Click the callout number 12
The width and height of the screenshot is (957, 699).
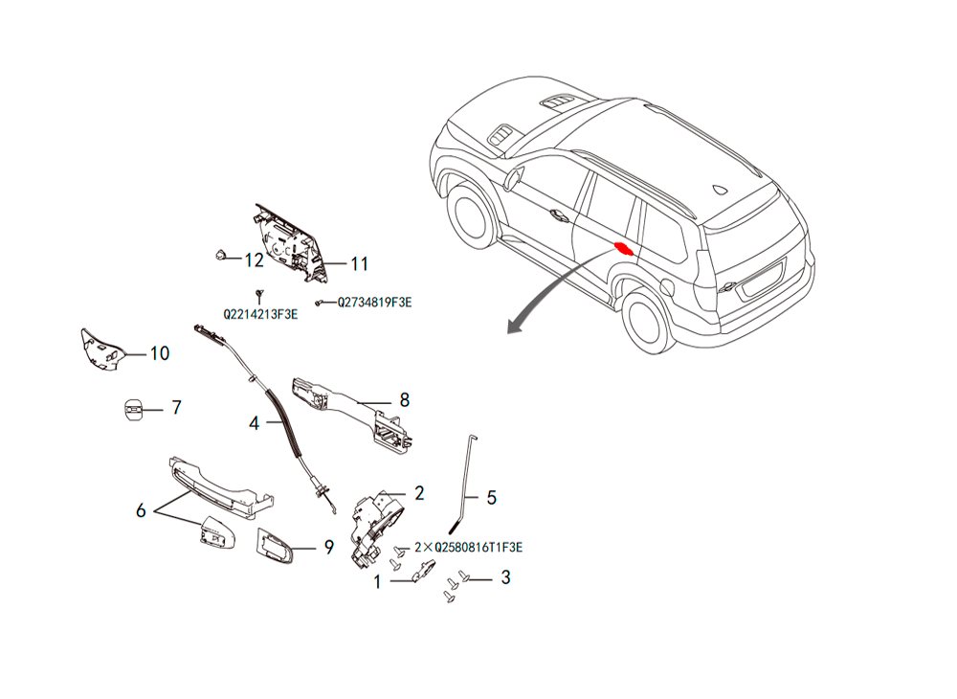click(x=254, y=260)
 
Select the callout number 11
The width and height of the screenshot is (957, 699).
click(x=360, y=263)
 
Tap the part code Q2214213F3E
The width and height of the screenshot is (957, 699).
click(x=260, y=314)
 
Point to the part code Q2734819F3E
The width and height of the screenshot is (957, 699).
click(x=375, y=303)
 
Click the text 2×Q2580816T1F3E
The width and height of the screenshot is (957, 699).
click(x=469, y=547)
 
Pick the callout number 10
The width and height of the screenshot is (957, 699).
click(x=160, y=353)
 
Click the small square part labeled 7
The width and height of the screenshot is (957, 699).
click(x=134, y=409)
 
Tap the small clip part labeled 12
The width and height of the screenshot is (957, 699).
click(x=221, y=254)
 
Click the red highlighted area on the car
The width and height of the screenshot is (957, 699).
click(x=624, y=248)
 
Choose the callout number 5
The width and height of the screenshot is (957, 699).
click(x=491, y=498)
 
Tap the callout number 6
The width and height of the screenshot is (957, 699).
click(x=141, y=510)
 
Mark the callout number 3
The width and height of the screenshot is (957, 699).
click(x=505, y=577)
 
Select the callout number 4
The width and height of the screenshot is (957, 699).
click(x=255, y=423)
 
